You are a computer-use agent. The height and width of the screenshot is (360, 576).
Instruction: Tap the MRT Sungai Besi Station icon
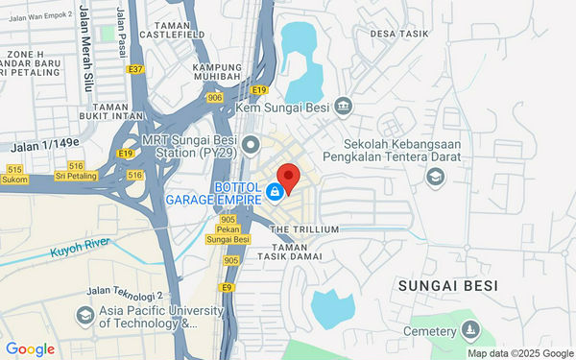(252, 146)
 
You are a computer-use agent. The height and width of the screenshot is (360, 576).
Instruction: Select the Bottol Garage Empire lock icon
(275, 192)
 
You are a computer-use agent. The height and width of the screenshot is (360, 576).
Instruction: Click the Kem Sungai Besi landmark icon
(344, 106)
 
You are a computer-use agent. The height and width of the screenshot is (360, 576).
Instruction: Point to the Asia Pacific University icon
(84, 315)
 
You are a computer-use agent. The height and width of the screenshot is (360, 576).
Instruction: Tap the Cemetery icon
(469, 330)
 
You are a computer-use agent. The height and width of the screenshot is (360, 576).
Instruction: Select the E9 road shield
(227, 287)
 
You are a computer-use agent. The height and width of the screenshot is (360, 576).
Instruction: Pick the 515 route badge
(13, 169)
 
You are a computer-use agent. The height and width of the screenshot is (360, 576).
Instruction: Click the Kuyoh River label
(82, 252)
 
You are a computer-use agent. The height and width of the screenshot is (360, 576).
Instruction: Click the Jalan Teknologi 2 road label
(126, 292)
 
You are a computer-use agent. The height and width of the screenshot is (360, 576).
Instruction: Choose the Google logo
(30, 348)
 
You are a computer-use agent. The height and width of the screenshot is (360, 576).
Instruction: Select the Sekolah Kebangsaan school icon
(436, 177)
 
